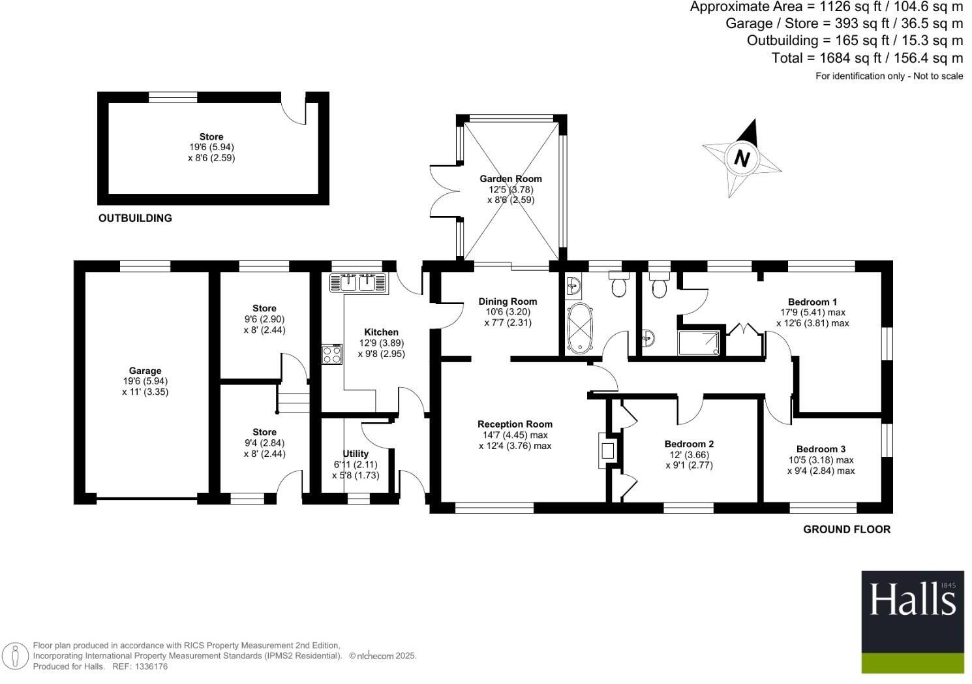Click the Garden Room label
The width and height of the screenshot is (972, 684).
point(511,179)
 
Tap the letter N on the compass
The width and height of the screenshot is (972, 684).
point(742,159)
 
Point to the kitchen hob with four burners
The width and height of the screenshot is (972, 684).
point(332,354)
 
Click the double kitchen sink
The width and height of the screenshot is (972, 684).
point(358,283)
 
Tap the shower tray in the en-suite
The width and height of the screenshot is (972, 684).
point(699,343)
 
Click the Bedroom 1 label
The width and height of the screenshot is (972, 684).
point(812,302)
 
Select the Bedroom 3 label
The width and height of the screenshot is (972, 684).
point(821,449)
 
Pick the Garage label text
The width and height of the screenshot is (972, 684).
point(145,371)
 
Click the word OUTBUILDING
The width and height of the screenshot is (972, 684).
point(135,218)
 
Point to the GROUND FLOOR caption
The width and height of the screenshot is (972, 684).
point(846,529)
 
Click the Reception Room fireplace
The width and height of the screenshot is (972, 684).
point(607,450)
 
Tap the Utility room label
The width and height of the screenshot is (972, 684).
point(356,454)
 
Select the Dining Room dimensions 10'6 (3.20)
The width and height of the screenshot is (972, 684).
point(508,312)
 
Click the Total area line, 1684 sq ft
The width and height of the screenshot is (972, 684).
point(867,58)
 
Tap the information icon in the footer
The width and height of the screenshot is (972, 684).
point(15,656)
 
